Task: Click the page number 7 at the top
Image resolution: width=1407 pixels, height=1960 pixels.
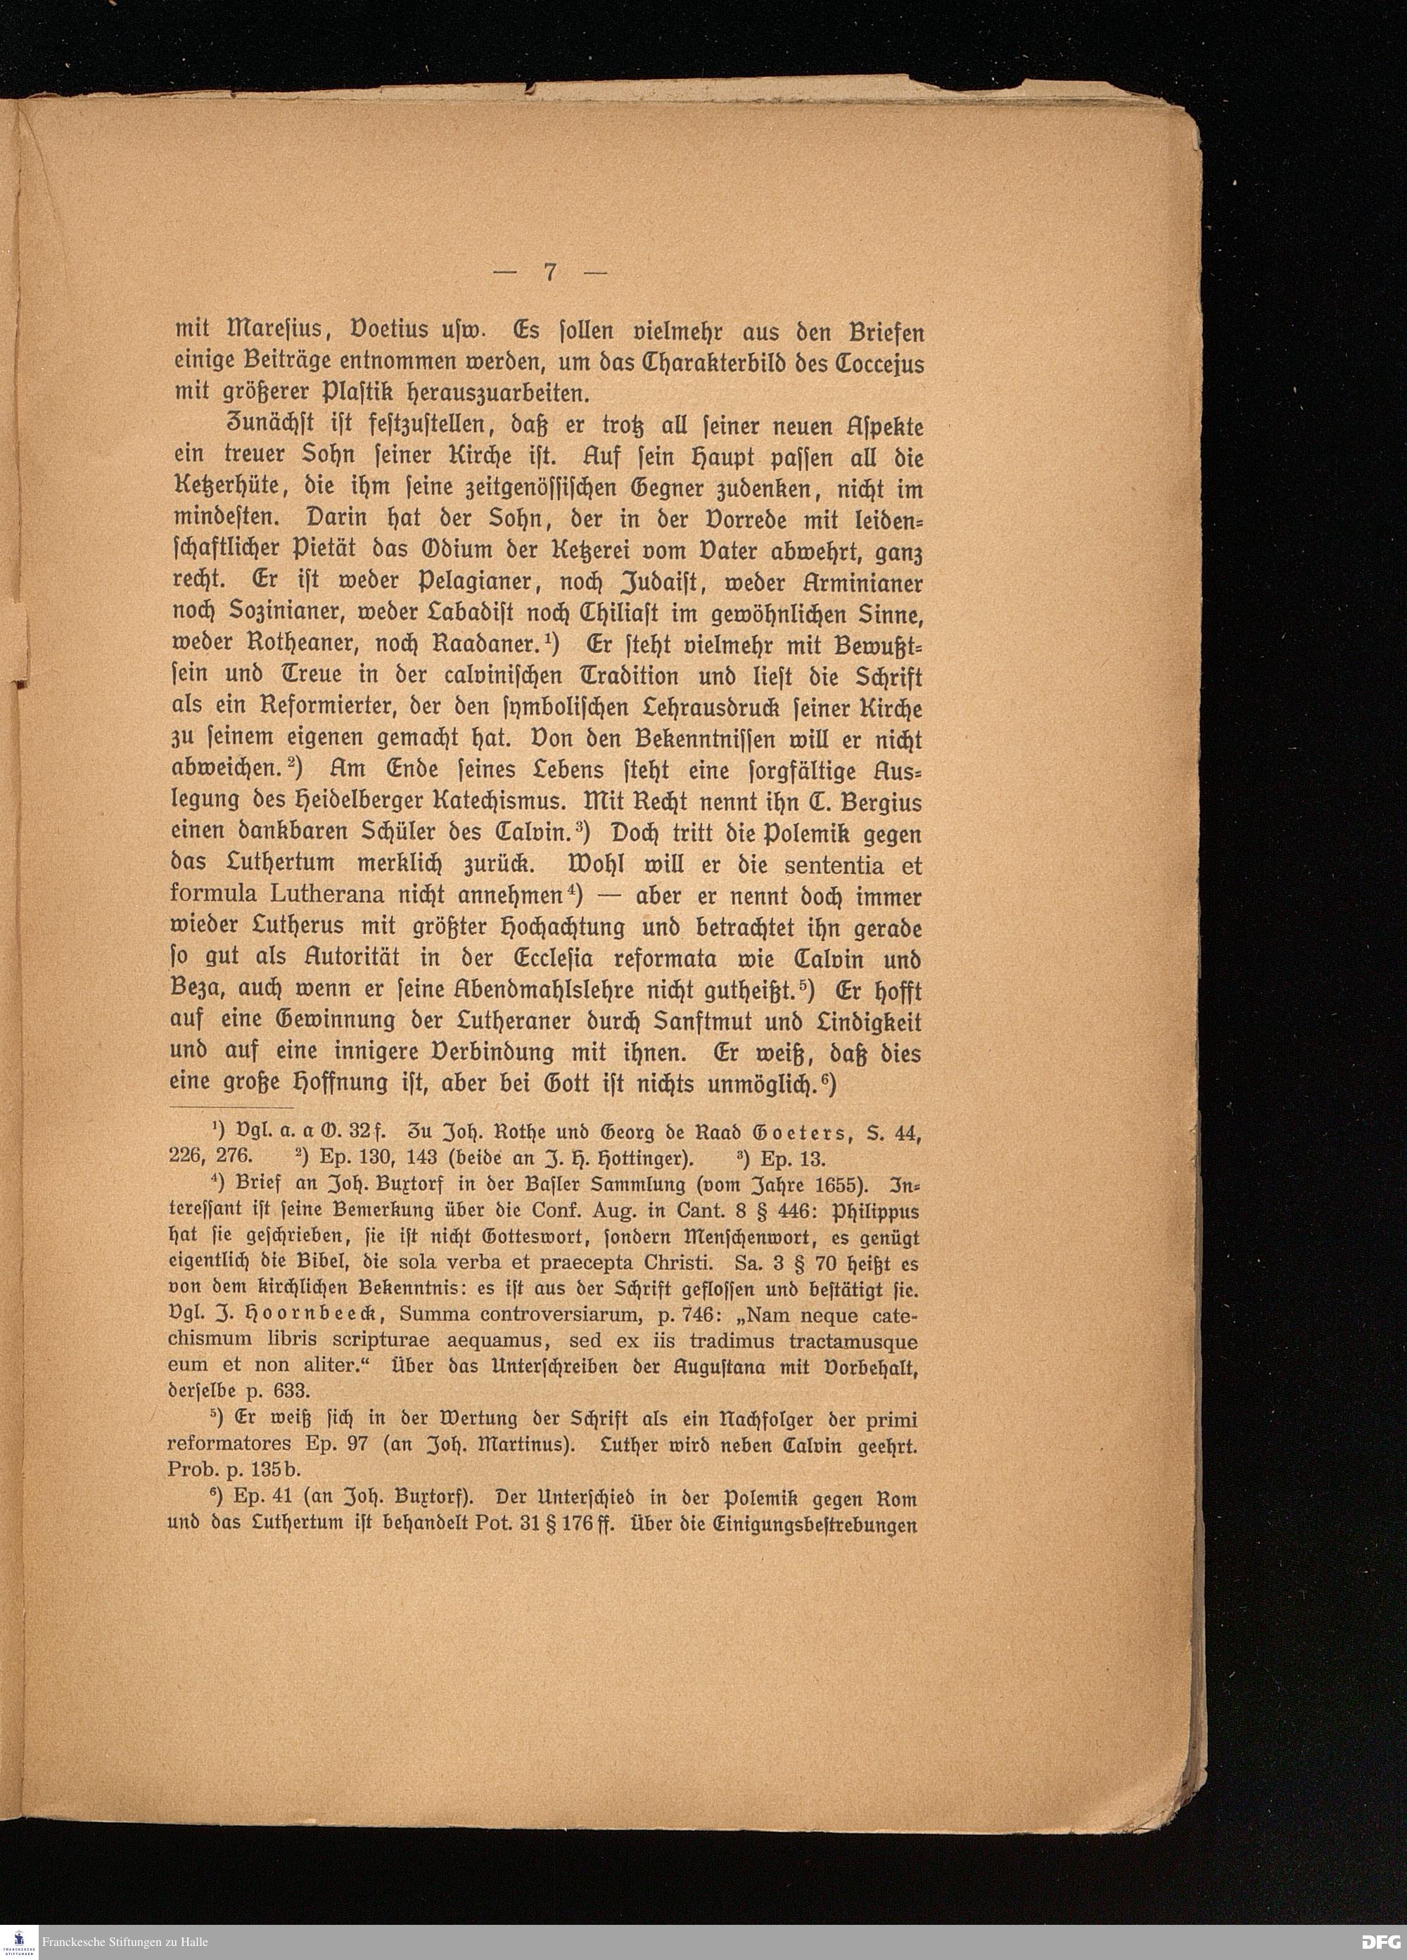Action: click(x=549, y=272)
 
